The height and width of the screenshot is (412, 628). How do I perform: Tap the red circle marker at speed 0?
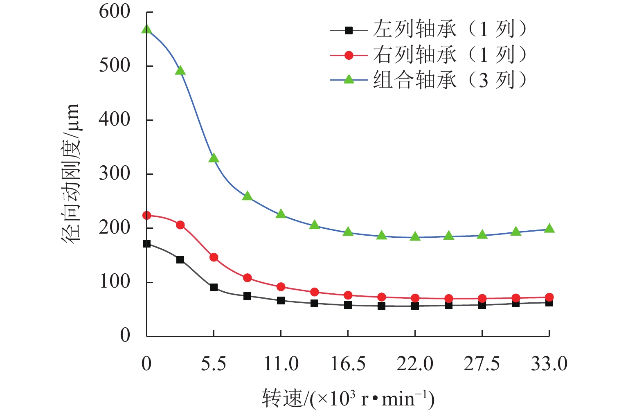pos(146,216)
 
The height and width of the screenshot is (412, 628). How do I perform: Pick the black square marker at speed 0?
pos(146,244)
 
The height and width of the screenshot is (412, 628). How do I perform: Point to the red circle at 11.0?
pos(281,287)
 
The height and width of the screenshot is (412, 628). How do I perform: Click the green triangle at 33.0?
pos(549,228)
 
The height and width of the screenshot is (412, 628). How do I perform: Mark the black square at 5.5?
pos(214,288)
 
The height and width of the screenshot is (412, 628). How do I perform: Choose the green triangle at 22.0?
pos(415,236)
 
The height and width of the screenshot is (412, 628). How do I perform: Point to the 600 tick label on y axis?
pos(115,11)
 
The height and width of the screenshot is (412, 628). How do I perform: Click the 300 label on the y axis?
pos(115,173)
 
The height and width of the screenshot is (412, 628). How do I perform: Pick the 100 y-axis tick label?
pos(115,281)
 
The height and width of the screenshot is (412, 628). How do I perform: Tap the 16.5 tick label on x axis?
pos(348,363)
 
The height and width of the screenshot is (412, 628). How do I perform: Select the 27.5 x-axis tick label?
pos(482,363)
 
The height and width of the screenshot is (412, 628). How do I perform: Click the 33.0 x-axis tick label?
pos(549,363)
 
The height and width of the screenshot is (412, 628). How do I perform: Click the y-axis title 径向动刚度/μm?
pos(70,173)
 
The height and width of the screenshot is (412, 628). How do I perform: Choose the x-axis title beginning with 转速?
pos(348,398)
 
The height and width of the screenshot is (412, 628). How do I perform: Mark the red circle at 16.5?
pos(348,295)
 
